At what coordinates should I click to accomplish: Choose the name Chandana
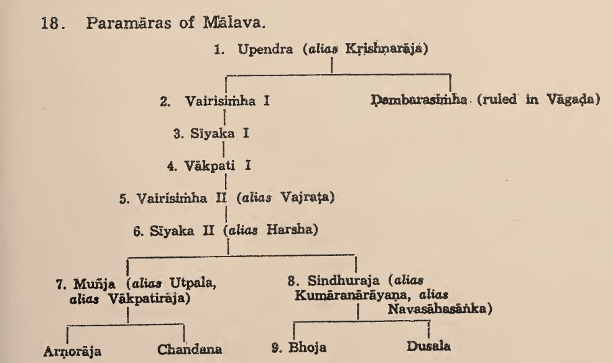(189, 349)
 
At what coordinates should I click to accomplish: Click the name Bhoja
(311, 347)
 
